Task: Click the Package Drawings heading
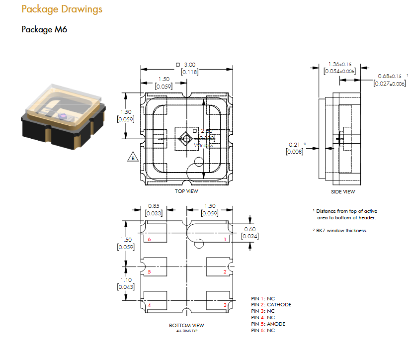tap(62, 9)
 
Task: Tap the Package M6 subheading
tap(44, 29)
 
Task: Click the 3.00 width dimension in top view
tap(190, 65)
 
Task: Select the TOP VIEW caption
tap(186, 191)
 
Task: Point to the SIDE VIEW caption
tap(343, 191)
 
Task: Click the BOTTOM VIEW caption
tap(186, 326)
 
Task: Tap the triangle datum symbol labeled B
tap(133, 158)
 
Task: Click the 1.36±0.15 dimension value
tap(340, 65)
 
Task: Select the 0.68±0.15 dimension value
tap(390, 76)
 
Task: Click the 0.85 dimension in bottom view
tap(154, 206)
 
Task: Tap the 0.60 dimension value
tap(250, 229)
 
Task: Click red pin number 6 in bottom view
tap(149, 240)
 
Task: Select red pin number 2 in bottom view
tap(225, 272)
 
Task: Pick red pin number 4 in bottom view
tap(149, 305)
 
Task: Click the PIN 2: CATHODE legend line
tap(271, 305)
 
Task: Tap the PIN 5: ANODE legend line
tap(268, 324)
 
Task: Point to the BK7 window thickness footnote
tap(342, 231)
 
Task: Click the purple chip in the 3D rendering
tap(62, 116)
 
